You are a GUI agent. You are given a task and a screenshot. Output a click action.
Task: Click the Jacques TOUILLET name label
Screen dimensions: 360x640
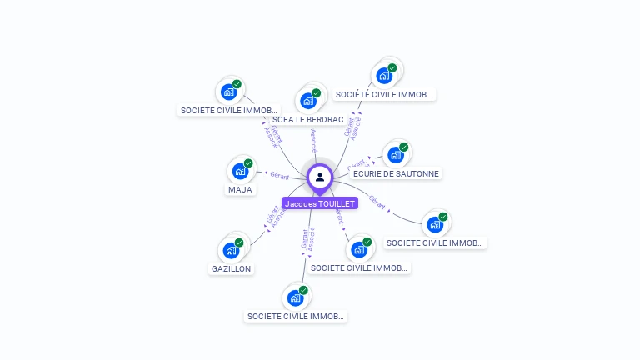[x=320, y=203]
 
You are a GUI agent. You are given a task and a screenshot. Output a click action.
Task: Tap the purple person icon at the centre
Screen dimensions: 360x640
[x=320, y=177]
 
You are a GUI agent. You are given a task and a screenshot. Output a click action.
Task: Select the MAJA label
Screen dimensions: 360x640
[x=240, y=190]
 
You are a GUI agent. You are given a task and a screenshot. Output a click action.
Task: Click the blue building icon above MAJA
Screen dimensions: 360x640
[x=240, y=171]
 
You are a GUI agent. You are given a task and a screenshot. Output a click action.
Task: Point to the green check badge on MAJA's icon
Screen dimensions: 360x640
[x=248, y=163]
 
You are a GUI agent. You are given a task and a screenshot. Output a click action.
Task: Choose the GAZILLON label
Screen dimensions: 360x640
[x=232, y=269]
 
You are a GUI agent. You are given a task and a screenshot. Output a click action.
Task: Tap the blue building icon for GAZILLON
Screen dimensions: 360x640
[x=231, y=250]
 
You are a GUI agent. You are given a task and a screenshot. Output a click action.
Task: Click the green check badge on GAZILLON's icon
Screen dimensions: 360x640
[x=239, y=242]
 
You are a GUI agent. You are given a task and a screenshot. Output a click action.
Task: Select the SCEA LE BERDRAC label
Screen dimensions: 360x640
[x=308, y=120]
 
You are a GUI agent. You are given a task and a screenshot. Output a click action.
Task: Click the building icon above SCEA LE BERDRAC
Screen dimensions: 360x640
[x=308, y=101]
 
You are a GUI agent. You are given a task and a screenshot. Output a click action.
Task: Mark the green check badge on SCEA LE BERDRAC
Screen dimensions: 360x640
[x=317, y=93]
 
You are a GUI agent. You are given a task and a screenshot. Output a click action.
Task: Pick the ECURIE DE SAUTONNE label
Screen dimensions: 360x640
[x=396, y=174]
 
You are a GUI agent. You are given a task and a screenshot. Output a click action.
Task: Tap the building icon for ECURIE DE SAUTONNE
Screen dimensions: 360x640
[x=396, y=154]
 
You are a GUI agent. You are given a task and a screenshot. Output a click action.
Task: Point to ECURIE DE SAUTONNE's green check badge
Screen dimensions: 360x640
[x=404, y=147]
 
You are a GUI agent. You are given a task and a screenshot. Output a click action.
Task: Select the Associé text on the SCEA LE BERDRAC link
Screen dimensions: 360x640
[x=313, y=139]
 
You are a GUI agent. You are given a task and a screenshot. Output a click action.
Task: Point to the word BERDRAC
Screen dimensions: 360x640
[x=326, y=120]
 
